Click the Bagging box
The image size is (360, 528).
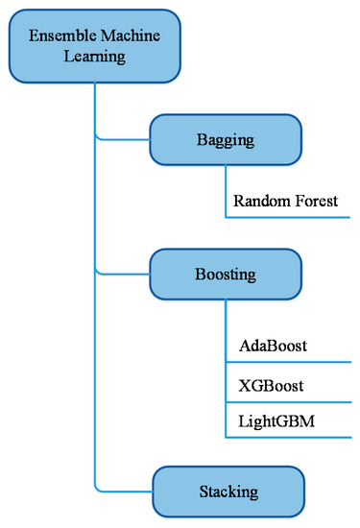(x=228, y=140)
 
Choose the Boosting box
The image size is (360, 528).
(x=228, y=275)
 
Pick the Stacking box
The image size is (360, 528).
(x=228, y=492)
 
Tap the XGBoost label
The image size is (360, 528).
(x=270, y=385)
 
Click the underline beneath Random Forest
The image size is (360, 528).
(x=288, y=219)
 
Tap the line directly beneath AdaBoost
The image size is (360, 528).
(x=288, y=362)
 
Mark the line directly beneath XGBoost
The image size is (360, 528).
(x=288, y=400)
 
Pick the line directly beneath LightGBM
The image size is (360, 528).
(x=288, y=439)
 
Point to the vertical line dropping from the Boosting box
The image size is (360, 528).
(x=226, y=365)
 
